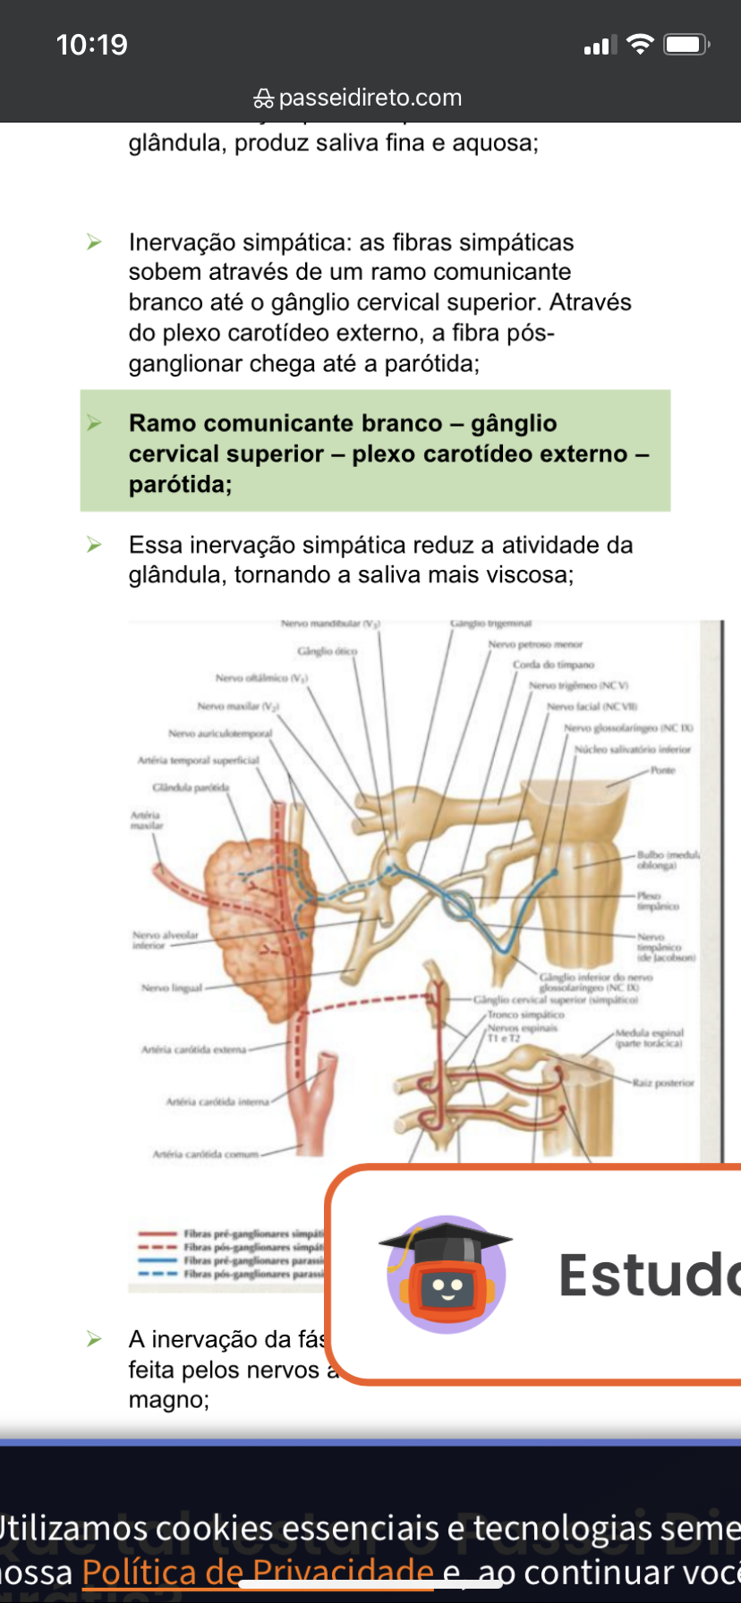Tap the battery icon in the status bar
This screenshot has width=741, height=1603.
(x=686, y=45)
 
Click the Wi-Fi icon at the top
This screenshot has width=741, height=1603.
(x=640, y=44)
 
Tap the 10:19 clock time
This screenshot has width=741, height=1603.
(x=91, y=45)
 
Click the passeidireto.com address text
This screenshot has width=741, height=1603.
(x=370, y=98)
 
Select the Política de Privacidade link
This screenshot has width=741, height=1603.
(x=258, y=1571)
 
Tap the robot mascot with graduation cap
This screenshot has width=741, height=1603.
(x=446, y=1275)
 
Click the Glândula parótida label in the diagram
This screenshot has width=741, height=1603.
(x=191, y=787)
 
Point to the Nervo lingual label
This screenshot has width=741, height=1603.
(x=172, y=988)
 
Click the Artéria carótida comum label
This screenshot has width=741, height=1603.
(x=205, y=1154)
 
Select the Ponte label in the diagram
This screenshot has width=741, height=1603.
(x=663, y=770)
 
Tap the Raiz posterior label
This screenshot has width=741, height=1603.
(x=662, y=1082)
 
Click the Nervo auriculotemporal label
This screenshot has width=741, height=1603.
(x=220, y=733)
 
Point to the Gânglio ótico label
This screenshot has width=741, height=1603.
(x=327, y=650)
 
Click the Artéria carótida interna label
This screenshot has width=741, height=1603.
(x=217, y=1101)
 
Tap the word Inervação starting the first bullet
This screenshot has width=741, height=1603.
(x=182, y=242)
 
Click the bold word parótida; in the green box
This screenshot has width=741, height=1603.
(x=180, y=484)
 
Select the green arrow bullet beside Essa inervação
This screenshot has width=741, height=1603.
(x=94, y=544)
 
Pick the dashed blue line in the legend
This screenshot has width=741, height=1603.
(x=158, y=1273)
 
